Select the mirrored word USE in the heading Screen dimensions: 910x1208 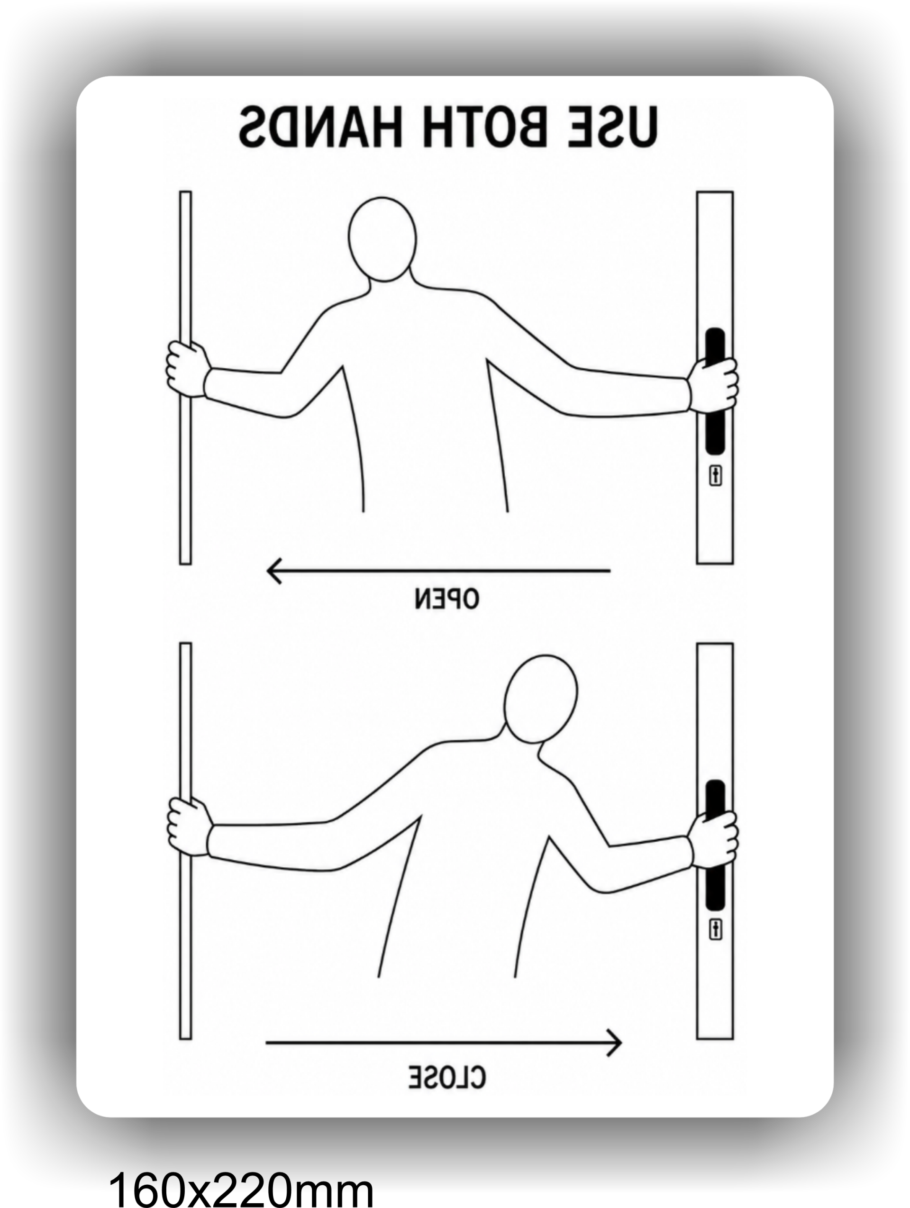coord(613,127)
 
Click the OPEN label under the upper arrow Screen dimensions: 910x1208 coord(447,599)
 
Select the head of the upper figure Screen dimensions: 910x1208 coord(382,239)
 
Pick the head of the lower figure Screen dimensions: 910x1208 coord(540,699)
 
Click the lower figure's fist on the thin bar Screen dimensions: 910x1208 coord(189,827)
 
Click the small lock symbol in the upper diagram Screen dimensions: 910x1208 coord(716,476)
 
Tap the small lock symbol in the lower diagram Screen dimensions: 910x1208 coord(716,929)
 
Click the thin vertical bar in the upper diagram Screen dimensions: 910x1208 coord(185,377)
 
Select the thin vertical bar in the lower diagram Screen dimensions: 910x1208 coord(185,841)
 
